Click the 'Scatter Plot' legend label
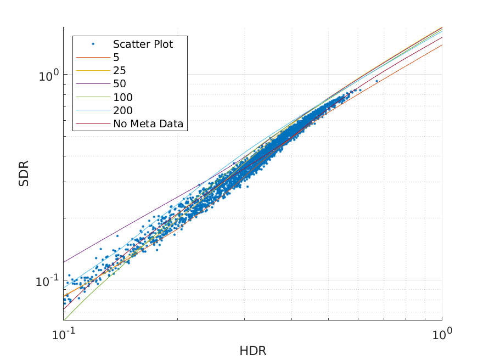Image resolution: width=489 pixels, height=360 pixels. (x=143, y=44)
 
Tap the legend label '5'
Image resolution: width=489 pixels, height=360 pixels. (x=116, y=58)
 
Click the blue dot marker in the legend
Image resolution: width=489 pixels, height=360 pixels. (x=93, y=44)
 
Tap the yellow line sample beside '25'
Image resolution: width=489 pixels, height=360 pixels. (x=93, y=71)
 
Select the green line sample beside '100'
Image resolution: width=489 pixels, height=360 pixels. (x=93, y=97)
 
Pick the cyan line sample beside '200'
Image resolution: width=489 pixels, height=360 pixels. (x=93, y=110)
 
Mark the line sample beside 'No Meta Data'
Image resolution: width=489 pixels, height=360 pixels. (x=93, y=124)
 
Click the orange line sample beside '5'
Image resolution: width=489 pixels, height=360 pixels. (x=93, y=58)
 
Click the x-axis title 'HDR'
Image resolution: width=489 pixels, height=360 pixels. (x=252, y=351)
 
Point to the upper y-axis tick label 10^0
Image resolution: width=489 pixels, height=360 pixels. (x=49, y=75)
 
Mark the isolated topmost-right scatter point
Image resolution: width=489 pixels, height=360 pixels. (x=376, y=81)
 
